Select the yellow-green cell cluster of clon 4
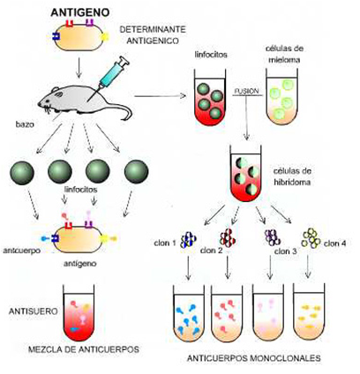311,238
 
